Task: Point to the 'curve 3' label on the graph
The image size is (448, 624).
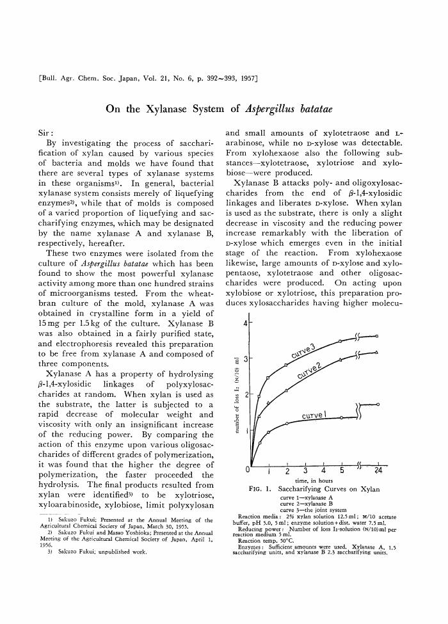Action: tap(304, 351)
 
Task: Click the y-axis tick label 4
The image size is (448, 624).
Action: tap(246, 324)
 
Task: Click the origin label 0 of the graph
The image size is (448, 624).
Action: tap(248, 472)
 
